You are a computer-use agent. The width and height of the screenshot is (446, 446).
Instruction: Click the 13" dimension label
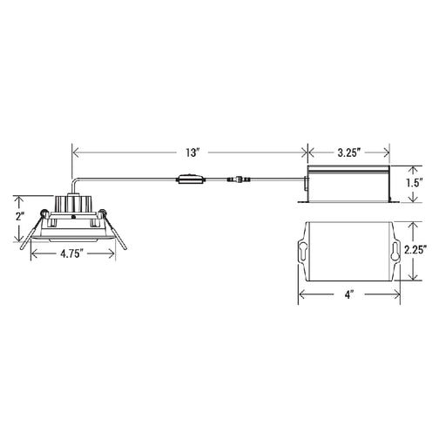[x=193, y=152]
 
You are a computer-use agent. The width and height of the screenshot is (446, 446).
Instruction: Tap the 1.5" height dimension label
[x=414, y=183]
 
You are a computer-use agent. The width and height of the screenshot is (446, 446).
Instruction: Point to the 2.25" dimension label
[x=416, y=250]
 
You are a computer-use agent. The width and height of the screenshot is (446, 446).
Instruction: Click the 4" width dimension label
[x=348, y=295]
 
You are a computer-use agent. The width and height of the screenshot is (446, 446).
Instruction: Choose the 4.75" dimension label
[x=71, y=253]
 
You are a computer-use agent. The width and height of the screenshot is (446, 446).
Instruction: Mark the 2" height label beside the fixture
[x=20, y=217]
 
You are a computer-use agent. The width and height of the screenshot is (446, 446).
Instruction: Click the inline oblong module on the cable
[x=190, y=179]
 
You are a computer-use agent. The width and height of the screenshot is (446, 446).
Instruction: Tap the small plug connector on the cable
[x=239, y=179]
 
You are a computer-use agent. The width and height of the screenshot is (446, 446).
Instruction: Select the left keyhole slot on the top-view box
[x=302, y=251]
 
